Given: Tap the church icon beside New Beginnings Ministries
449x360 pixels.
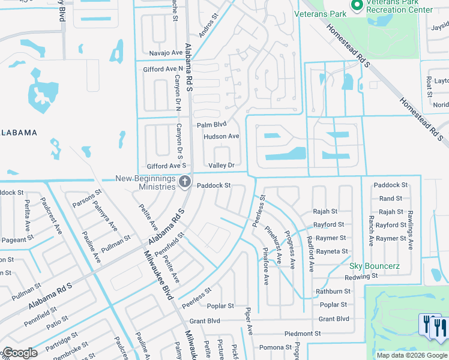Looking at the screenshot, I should pos(185,181).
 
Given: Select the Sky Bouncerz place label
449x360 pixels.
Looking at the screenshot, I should pos(375,266).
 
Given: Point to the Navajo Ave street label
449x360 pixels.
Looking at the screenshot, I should pos(166,53).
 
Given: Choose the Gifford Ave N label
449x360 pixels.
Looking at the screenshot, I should pos(163,70).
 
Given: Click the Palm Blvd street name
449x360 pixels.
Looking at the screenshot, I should pos(212,125).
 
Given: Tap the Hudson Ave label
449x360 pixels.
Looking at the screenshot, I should pos(221,137).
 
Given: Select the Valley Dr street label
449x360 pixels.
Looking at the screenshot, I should pos(221,165).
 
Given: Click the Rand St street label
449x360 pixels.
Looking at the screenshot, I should pos(390,199).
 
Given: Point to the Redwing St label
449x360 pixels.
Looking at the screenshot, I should pos(361,277).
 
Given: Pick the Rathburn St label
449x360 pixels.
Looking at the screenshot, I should pos(333,292).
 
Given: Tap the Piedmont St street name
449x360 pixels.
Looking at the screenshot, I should pos(303,334).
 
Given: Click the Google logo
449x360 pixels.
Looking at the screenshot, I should pos(20,353).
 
